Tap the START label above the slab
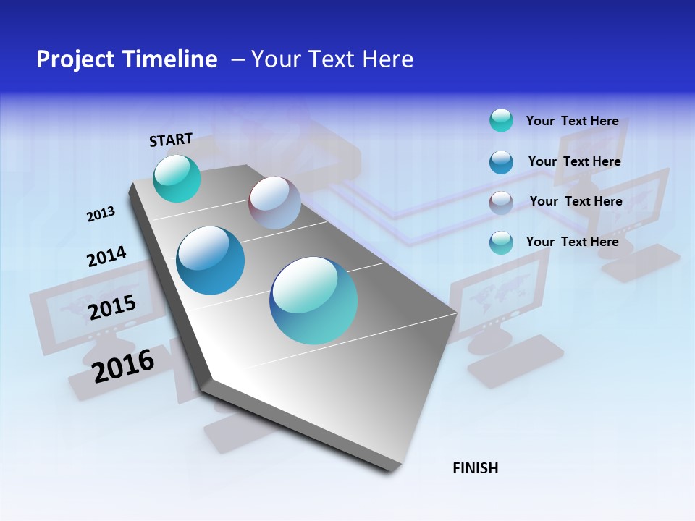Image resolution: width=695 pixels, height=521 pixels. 171,140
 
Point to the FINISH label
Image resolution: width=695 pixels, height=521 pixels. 476,468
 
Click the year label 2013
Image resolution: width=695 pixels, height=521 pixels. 101,214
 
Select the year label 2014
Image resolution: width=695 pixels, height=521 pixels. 106,257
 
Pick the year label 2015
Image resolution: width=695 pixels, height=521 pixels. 112,308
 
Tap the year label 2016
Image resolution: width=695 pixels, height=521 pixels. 123,365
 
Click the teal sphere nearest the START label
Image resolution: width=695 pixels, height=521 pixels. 177,179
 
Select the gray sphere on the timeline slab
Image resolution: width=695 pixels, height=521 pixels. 274,203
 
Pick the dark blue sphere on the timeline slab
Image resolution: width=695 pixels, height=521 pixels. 211,260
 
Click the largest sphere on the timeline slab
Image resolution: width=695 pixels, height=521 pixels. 313,300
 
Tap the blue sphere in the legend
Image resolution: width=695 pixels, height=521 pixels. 501,162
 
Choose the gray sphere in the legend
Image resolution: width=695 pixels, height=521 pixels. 501,203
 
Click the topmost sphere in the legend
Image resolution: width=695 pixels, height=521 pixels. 501,120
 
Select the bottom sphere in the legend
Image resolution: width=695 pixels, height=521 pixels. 501,242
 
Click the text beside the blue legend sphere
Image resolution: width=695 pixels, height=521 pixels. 574,161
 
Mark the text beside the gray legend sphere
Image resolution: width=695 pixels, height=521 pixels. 576,201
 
